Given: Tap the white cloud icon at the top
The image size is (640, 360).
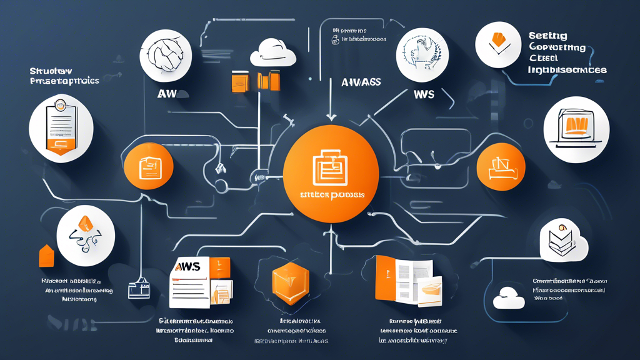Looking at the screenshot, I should coord(272,54).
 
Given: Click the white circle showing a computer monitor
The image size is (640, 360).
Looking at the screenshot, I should coord(576,130).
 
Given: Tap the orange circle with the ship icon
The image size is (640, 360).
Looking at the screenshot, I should coord(501,167).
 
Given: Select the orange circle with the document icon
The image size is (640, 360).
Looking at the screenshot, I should coord(148,167).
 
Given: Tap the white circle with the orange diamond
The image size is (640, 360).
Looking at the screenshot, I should coord(86,234).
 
